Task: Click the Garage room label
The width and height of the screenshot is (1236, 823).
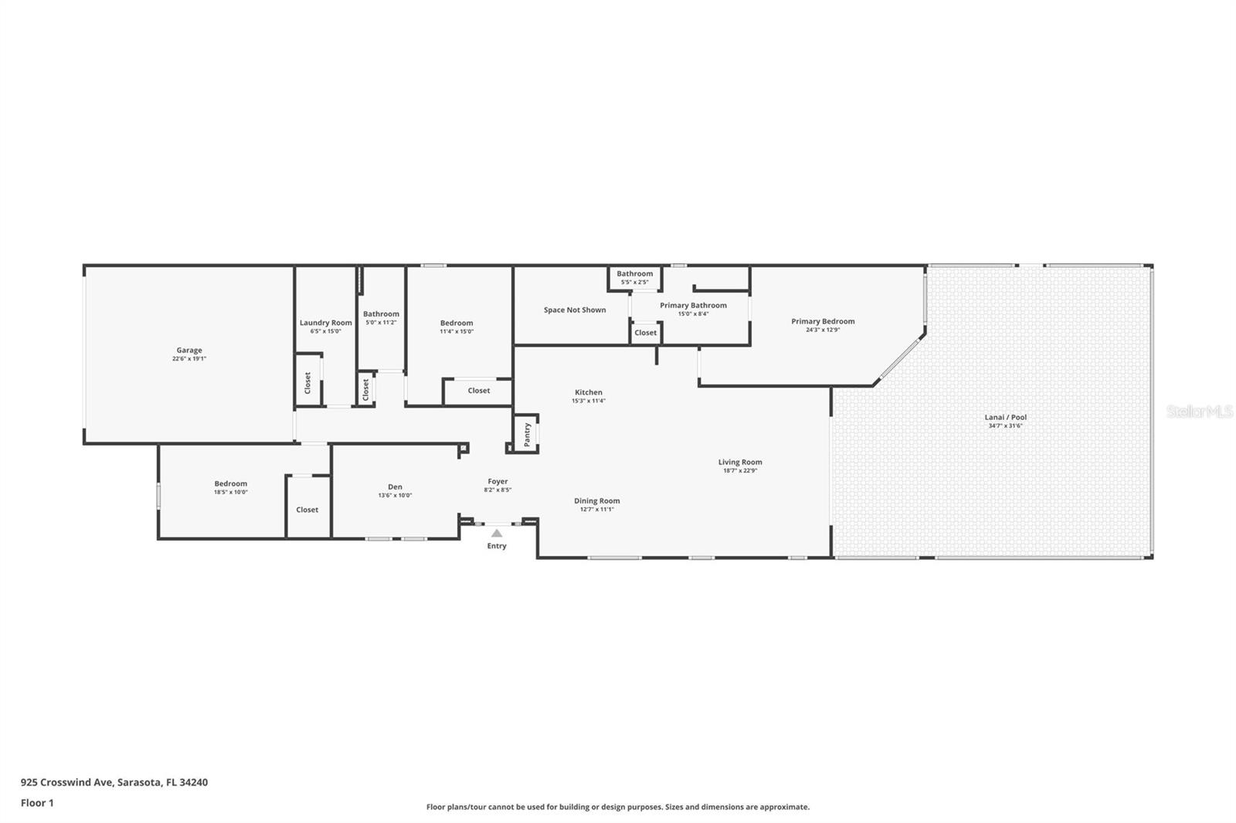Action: pyautogui.click(x=189, y=351)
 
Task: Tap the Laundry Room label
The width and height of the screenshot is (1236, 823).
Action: pyautogui.click(x=325, y=323)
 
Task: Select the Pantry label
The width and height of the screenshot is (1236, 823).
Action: pyautogui.click(x=528, y=435)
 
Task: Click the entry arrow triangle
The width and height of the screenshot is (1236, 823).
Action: pyautogui.click(x=497, y=533)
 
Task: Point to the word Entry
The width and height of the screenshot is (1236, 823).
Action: pyautogui.click(x=497, y=546)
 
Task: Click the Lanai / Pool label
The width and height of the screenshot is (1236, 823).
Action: pyautogui.click(x=1005, y=418)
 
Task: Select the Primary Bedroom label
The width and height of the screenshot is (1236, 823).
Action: pyautogui.click(x=823, y=321)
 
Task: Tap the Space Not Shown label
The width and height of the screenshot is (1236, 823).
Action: pyautogui.click(x=575, y=310)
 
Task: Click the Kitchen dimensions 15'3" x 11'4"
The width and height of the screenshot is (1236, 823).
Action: pyautogui.click(x=588, y=401)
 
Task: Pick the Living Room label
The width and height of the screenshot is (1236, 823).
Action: pyautogui.click(x=740, y=462)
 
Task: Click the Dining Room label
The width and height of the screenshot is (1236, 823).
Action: pyautogui.click(x=596, y=501)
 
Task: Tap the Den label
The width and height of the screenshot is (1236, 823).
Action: pyautogui.click(x=395, y=487)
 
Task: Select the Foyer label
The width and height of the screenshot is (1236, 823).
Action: pyautogui.click(x=497, y=482)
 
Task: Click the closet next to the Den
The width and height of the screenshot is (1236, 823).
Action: pyautogui.click(x=307, y=510)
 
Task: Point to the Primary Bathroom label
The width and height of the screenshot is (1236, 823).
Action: pyautogui.click(x=693, y=306)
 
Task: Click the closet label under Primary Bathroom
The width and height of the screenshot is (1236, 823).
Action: pyautogui.click(x=646, y=333)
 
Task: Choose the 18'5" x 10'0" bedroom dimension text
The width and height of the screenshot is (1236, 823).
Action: pyautogui.click(x=231, y=493)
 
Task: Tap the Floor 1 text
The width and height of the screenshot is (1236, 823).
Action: pyautogui.click(x=37, y=803)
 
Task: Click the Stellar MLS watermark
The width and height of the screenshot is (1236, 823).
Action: pyautogui.click(x=1199, y=411)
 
